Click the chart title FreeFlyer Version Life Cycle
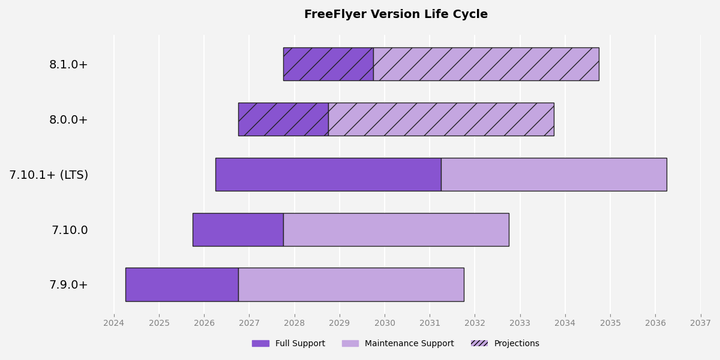(395, 14)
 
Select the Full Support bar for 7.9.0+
(182, 284)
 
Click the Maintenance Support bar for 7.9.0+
(351, 284)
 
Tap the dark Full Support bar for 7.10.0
(238, 229)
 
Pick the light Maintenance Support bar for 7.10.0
(396, 229)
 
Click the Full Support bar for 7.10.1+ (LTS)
(328, 175)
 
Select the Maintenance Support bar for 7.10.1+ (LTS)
(554, 175)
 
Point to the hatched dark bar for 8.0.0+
(283, 119)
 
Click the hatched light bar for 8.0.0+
(441, 119)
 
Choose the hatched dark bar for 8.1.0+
(328, 64)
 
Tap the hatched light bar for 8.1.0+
(486, 64)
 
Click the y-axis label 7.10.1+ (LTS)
(49, 175)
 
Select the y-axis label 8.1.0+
(68, 65)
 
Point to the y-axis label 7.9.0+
(68, 285)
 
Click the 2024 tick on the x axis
(114, 323)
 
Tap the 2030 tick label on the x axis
(385, 323)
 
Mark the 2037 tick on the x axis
(700, 323)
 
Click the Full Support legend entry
(289, 344)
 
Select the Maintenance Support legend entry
(398, 344)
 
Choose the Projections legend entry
(505, 344)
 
